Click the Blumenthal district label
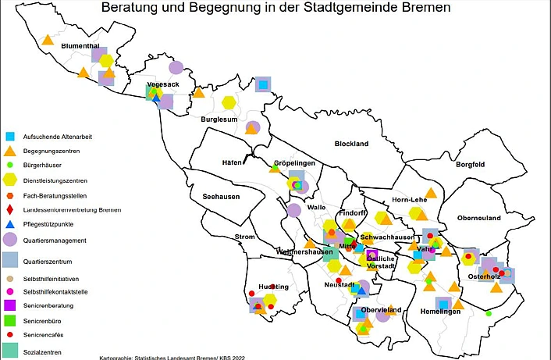82,46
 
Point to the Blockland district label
351,144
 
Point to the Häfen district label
232,162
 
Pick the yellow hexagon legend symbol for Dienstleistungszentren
9,180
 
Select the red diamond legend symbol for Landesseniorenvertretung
9,210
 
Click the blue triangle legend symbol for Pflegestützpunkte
9,225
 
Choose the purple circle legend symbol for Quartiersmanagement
9,240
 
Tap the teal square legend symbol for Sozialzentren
9,349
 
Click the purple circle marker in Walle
293,210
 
